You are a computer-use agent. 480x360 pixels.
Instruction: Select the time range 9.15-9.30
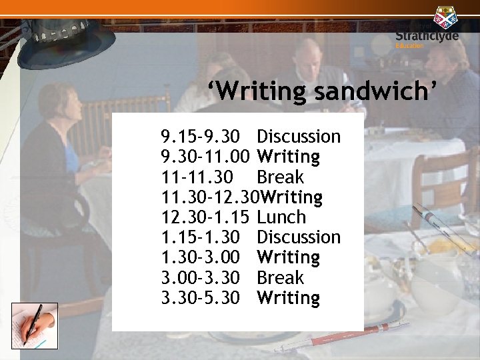click(x=200, y=137)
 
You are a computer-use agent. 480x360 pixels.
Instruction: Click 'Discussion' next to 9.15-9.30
click(x=299, y=137)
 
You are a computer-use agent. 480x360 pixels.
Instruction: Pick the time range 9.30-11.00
click(x=205, y=157)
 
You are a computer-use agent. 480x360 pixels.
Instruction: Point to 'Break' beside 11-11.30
click(x=280, y=177)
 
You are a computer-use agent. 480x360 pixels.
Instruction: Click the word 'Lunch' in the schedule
click(x=281, y=217)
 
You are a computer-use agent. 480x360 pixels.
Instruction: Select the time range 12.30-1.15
click(x=205, y=217)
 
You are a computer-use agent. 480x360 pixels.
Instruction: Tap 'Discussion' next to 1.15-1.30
click(x=299, y=237)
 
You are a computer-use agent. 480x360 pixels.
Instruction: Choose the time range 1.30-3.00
click(x=200, y=257)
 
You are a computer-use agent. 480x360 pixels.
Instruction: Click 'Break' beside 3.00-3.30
click(x=280, y=277)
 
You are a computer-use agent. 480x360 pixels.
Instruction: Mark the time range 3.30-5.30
click(x=200, y=297)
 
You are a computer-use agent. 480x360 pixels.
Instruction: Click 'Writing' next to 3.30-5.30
click(x=288, y=297)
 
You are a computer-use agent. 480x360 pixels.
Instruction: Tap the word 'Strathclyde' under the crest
click(x=427, y=36)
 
